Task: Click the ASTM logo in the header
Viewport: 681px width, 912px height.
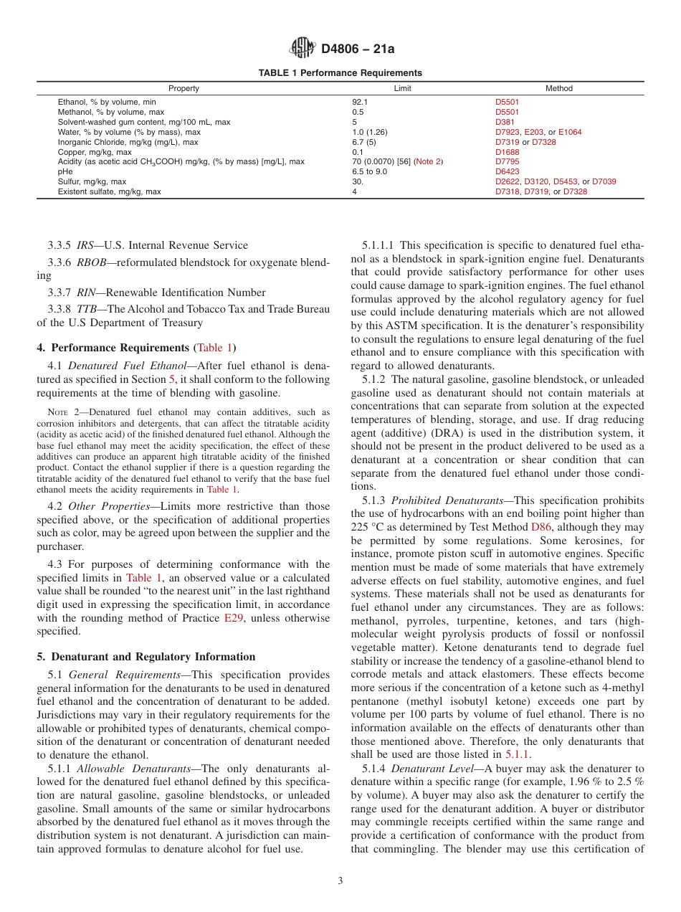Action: [x=303, y=48]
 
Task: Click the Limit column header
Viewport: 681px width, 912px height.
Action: [x=403, y=89]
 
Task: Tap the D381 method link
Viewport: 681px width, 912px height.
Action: [x=505, y=122]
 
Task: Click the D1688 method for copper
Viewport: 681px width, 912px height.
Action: [x=508, y=152]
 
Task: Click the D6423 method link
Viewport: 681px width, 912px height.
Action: [x=508, y=172]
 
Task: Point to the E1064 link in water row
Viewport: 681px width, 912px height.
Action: [x=570, y=132]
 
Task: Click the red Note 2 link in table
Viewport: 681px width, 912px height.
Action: [x=429, y=162]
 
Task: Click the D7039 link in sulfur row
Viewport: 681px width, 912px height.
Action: [x=604, y=182]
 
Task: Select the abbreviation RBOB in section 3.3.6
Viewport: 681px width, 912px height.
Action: [x=91, y=262]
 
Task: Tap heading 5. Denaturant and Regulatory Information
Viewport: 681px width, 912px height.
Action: [x=146, y=657]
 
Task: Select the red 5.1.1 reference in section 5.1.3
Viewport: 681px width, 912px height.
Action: [x=516, y=754]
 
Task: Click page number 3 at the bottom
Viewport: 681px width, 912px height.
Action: [x=340, y=881]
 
